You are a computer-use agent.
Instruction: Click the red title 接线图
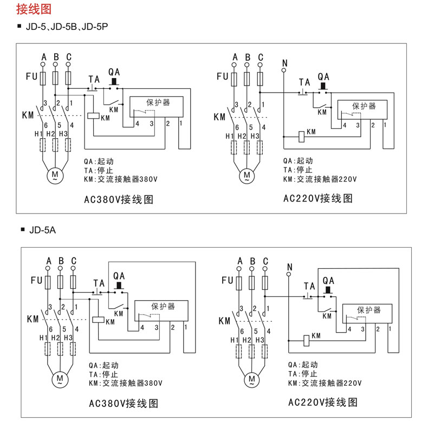(x=34, y=9)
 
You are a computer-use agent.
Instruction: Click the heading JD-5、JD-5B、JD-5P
(x=67, y=27)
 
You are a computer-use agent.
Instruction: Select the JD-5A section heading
(x=42, y=230)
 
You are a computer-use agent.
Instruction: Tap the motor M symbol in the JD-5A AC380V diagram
(x=60, y=379)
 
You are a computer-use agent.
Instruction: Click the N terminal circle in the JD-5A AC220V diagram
(x=289, y=274)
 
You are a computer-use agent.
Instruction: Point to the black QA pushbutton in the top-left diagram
(x=114, y=81)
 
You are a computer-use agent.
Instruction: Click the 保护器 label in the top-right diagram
(x=364, y=106)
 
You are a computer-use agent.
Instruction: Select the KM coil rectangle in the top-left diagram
(x=93, y=116)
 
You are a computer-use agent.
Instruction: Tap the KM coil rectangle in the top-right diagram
(x=301, y=137)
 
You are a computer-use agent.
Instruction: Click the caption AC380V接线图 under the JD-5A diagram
(x=124, y=404)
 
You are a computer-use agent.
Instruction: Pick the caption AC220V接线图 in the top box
(x=318, y=198)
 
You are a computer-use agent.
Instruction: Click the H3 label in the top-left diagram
(x=63, y=134)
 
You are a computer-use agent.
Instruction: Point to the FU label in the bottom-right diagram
(x=228, y=280)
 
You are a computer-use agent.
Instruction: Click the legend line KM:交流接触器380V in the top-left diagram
(x=121, y=179)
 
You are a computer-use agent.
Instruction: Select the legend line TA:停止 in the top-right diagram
(x=297, y=170)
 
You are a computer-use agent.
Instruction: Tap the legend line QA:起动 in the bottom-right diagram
(x=303, y=365)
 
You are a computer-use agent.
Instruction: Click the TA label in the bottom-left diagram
(x=99, y=283)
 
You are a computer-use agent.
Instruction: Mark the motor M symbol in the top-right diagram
(x=247, y=176)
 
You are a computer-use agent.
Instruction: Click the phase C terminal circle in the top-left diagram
(x=68, y=64)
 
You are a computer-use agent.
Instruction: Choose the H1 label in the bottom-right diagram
(x=235, y=340)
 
